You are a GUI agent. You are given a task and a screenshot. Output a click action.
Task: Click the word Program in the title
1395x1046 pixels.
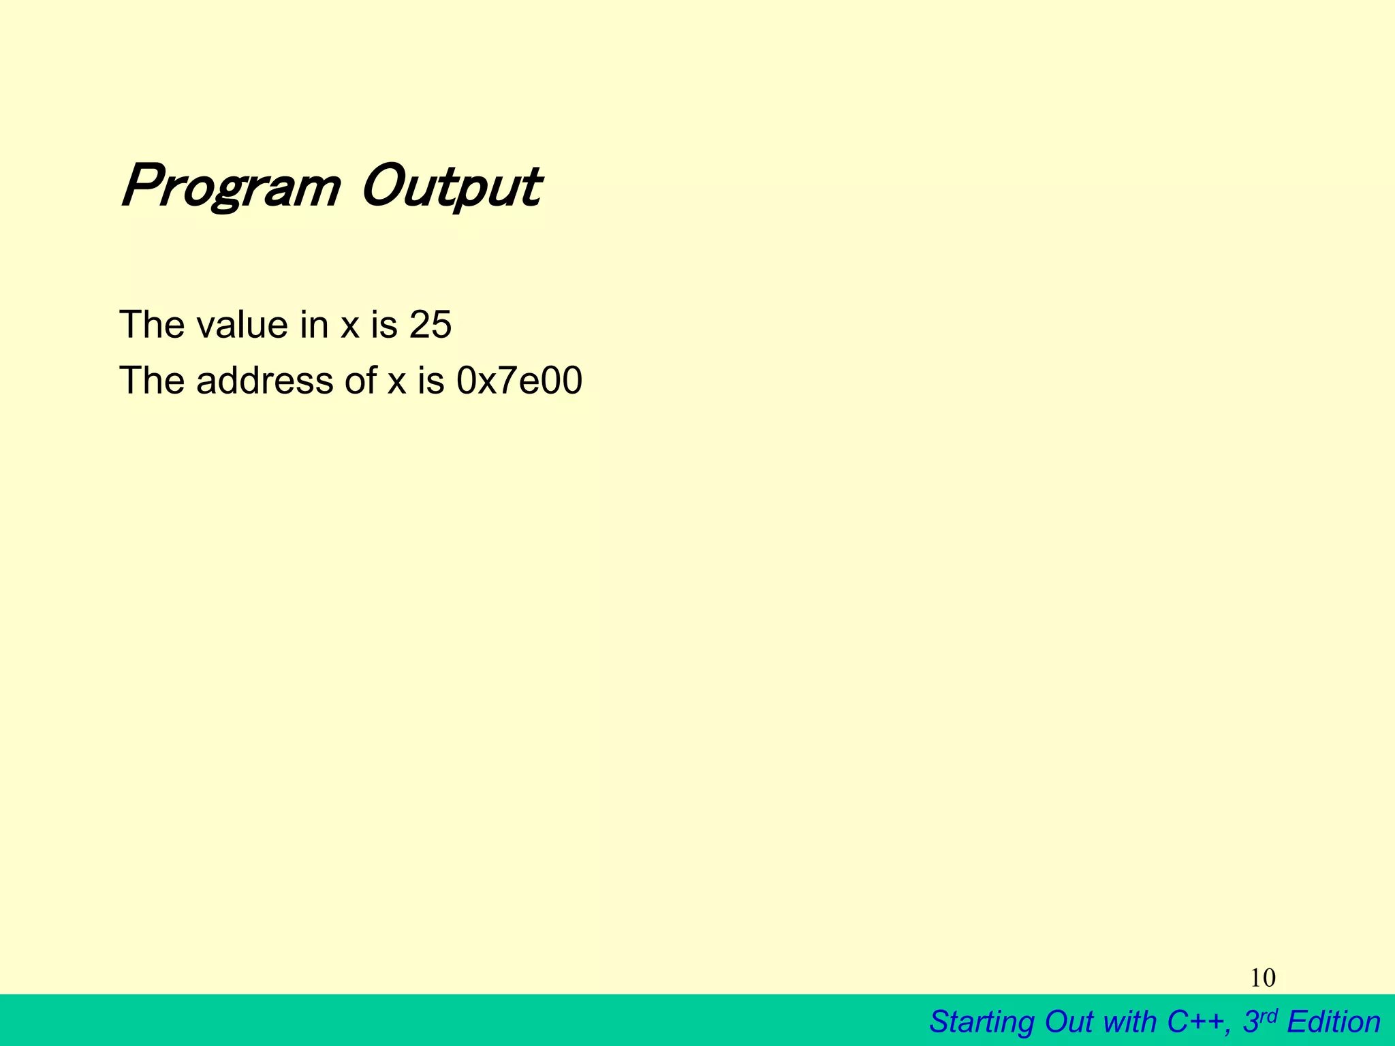click(230, 187)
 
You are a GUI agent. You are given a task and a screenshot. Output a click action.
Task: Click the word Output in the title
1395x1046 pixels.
click(451, 187)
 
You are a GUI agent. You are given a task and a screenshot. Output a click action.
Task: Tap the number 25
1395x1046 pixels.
click(430, 324)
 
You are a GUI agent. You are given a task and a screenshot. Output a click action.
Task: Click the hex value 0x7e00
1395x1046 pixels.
click(519, 380)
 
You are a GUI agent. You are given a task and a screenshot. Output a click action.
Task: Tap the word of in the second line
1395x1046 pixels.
click(360, 380)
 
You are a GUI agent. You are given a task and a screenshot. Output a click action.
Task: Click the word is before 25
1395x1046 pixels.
click(383, 324)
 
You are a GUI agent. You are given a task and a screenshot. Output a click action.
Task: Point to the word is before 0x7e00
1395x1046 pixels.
click(430, 380)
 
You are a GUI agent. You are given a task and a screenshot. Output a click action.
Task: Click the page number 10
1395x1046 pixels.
click(1263, 979)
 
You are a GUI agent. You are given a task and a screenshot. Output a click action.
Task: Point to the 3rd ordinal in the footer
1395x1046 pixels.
click(1259, 1021)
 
